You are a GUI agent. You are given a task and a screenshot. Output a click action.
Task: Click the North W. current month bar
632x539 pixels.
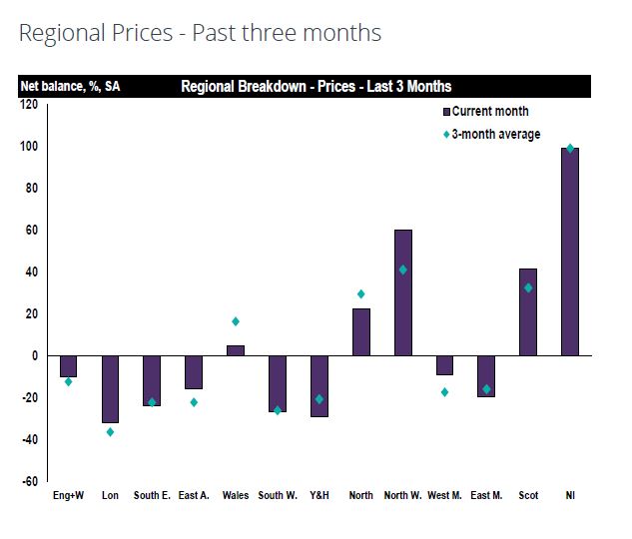coord(402,292)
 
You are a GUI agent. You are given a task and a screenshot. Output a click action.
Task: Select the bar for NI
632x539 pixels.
coord(570,252)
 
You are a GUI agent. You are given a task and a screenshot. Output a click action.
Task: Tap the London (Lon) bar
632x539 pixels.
coord(110,388)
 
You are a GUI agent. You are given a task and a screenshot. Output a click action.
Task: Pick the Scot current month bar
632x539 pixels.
coord(528,311)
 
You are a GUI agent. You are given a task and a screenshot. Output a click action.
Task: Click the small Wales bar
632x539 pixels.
coord(236,350)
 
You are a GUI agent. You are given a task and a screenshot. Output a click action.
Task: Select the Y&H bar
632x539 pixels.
coord(319,385)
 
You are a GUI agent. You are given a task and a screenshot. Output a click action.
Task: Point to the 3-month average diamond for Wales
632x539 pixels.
coord(236,321)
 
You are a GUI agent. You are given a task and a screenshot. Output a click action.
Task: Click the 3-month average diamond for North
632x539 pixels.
coord(361,294)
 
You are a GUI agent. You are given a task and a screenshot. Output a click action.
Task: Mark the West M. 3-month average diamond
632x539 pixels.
coord(444,392)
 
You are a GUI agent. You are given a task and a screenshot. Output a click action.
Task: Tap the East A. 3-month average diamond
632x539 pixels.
coord(194,402)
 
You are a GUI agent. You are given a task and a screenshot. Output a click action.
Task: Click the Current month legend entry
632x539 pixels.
coord(489,112)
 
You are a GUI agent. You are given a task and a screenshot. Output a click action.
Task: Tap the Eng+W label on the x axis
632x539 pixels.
coord(68,495)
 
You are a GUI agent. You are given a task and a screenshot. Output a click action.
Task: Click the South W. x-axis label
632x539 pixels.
coord(277,495)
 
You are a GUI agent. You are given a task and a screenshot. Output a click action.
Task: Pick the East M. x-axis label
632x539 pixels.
coord(486,495)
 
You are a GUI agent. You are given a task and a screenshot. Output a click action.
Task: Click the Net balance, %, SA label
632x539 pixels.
coord(70,87)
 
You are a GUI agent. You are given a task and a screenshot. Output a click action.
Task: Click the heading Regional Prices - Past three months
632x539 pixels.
coord(200,33)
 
